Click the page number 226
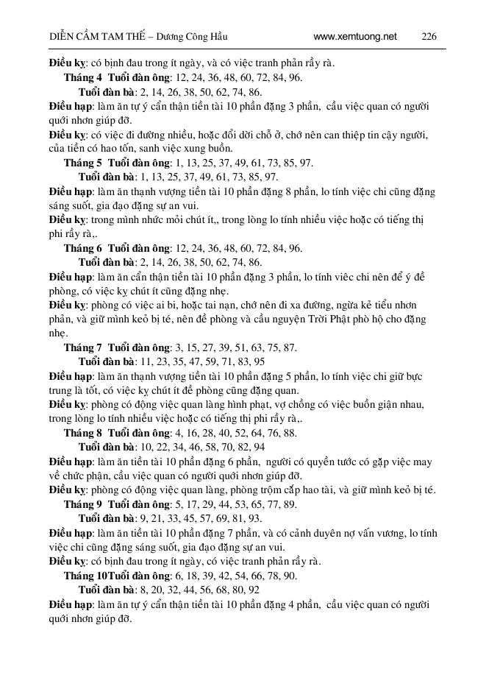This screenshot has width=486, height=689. pyautogui.click(x=429, y=36)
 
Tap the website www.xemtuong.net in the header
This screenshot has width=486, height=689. pyautogui.click(x=354, y=36)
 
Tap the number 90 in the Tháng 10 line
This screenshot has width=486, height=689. pyautogui.click(x=290, y=576)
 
